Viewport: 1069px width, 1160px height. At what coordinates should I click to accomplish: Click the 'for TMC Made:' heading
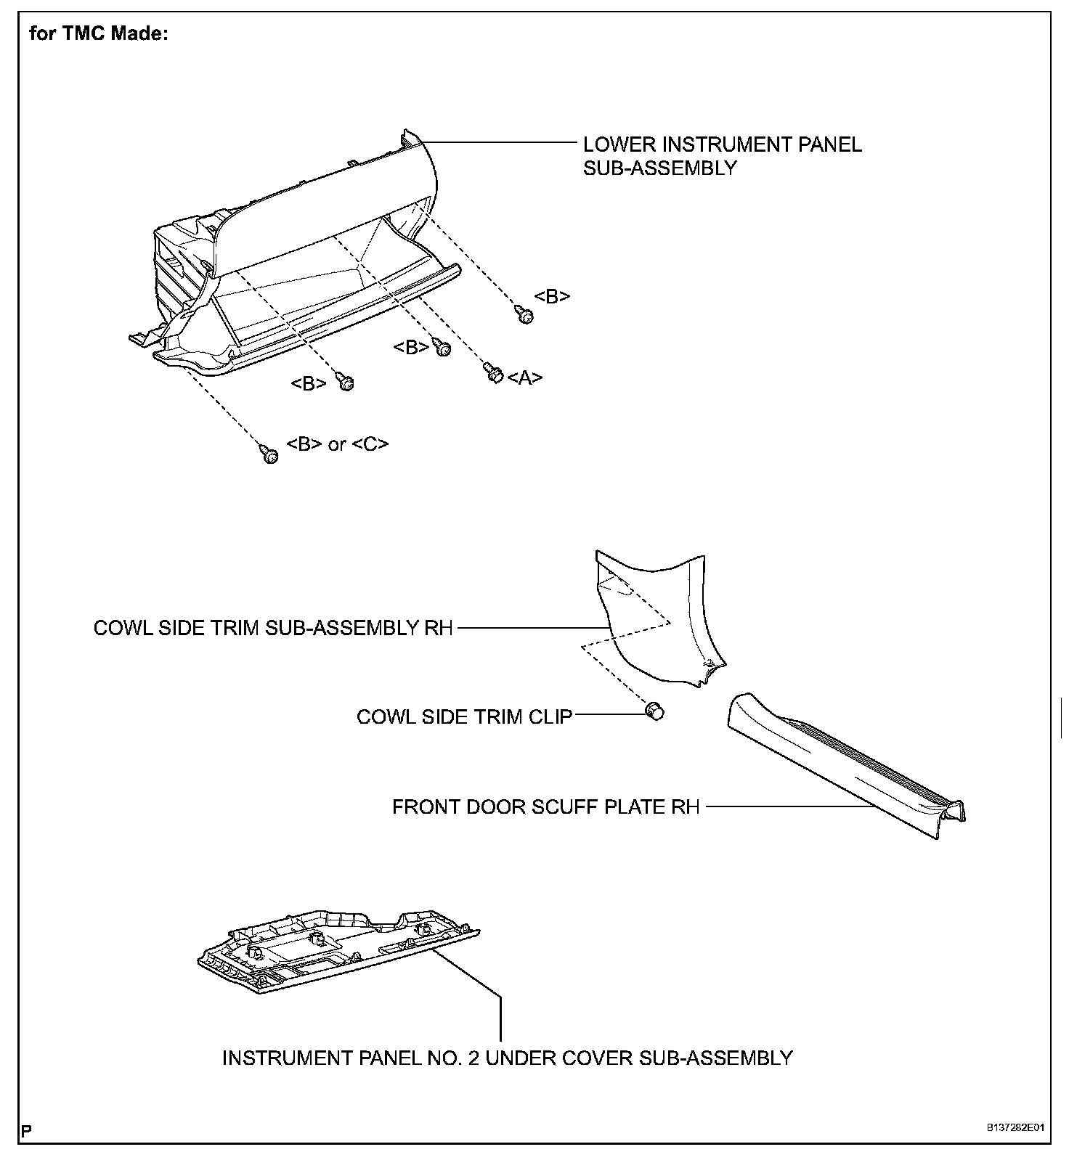tap(99, 34)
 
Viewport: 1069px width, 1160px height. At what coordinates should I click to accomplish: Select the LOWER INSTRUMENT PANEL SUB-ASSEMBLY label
tap(722, 156)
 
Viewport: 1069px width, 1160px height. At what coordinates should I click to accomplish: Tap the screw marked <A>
tap(492, 372)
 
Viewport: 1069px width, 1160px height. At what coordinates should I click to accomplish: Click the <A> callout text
tap(525, 377)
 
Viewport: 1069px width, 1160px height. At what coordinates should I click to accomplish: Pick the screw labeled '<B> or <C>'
tap(269, 455)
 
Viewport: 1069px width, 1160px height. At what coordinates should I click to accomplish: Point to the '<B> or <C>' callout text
tap(338, 444)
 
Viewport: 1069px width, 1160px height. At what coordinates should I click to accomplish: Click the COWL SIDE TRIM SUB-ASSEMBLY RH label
tap(273, 628)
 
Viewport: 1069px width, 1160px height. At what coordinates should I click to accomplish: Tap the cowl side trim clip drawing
tap(655, 711)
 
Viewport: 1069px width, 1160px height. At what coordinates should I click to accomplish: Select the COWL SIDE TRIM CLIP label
tap(464, 717)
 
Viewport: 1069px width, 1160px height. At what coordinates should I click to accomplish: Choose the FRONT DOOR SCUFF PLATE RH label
tap(545, 807)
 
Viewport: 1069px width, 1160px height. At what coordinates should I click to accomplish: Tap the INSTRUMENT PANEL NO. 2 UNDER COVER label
tap(507, 1058)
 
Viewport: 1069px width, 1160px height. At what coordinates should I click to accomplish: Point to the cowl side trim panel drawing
tap(654, 617)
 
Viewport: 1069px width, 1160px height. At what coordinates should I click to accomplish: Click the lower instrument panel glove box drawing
tap(305, 276)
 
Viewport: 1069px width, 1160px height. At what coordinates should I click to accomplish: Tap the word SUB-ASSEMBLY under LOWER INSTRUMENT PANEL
tap(660, 168)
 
